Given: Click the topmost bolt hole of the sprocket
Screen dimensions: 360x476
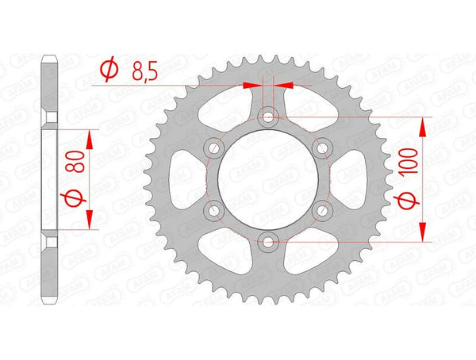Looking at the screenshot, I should point(268,118).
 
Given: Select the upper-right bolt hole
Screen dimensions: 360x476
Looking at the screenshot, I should point(321,148).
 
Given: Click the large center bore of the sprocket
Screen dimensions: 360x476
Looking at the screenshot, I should point(268,179).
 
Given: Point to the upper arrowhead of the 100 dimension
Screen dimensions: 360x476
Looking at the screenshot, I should point(422,127).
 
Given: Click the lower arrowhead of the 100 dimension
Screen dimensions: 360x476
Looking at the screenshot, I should point(422,231).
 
